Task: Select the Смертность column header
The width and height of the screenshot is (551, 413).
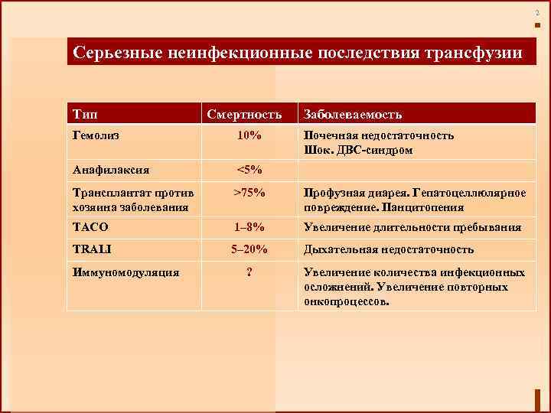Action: point(249,114)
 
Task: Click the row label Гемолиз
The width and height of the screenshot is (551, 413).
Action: point(97,135)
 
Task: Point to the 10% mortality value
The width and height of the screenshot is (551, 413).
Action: point(249,135)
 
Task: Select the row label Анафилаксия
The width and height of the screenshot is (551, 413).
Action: point(111,170)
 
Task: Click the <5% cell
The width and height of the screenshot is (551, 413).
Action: point(249,170)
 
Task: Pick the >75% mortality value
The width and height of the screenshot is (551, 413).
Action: point(249,192)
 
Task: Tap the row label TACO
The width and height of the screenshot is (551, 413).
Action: point(90,227)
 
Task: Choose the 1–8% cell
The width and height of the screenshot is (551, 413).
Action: point(249,227)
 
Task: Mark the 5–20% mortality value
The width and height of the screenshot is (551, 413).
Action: point(249,249)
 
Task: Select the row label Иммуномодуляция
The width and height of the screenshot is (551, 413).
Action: point(126,272)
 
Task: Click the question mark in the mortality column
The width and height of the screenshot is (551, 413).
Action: point(249,272)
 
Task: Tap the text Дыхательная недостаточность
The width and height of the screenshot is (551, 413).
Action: point(389,249)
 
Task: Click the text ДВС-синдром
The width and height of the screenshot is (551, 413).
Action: point(373,151)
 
